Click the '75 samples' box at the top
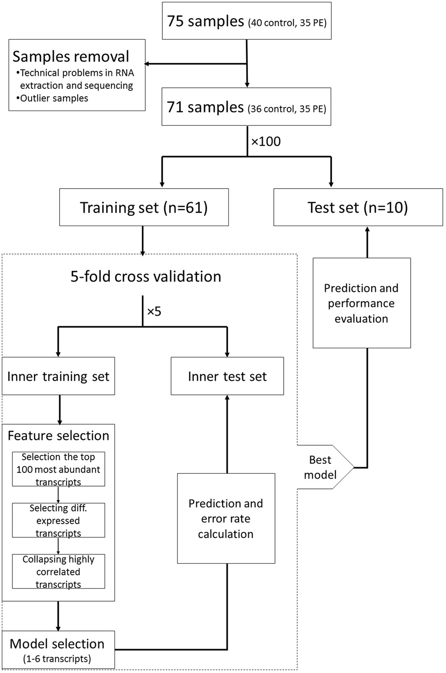(246, 21)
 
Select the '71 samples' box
(246, 107)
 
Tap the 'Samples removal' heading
(70, 57)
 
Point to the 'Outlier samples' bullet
(54, 98)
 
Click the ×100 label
(266, 142)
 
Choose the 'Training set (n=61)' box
(144, 207)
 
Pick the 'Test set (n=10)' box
(358, 207)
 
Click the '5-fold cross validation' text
(145, 277)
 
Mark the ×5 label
(154, 311)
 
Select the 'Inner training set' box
(58, 376)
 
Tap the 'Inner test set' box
(227, 376)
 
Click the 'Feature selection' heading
(58, 436)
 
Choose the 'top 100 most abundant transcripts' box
(58, 469)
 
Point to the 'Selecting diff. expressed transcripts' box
(58, 520)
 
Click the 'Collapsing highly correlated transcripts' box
(58, 572)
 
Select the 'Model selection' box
(58, 649)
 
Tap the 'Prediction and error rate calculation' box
(226, 519)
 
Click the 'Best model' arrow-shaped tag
(321, 467)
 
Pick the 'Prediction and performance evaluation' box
(361, 303)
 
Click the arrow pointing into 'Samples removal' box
(152, 64)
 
